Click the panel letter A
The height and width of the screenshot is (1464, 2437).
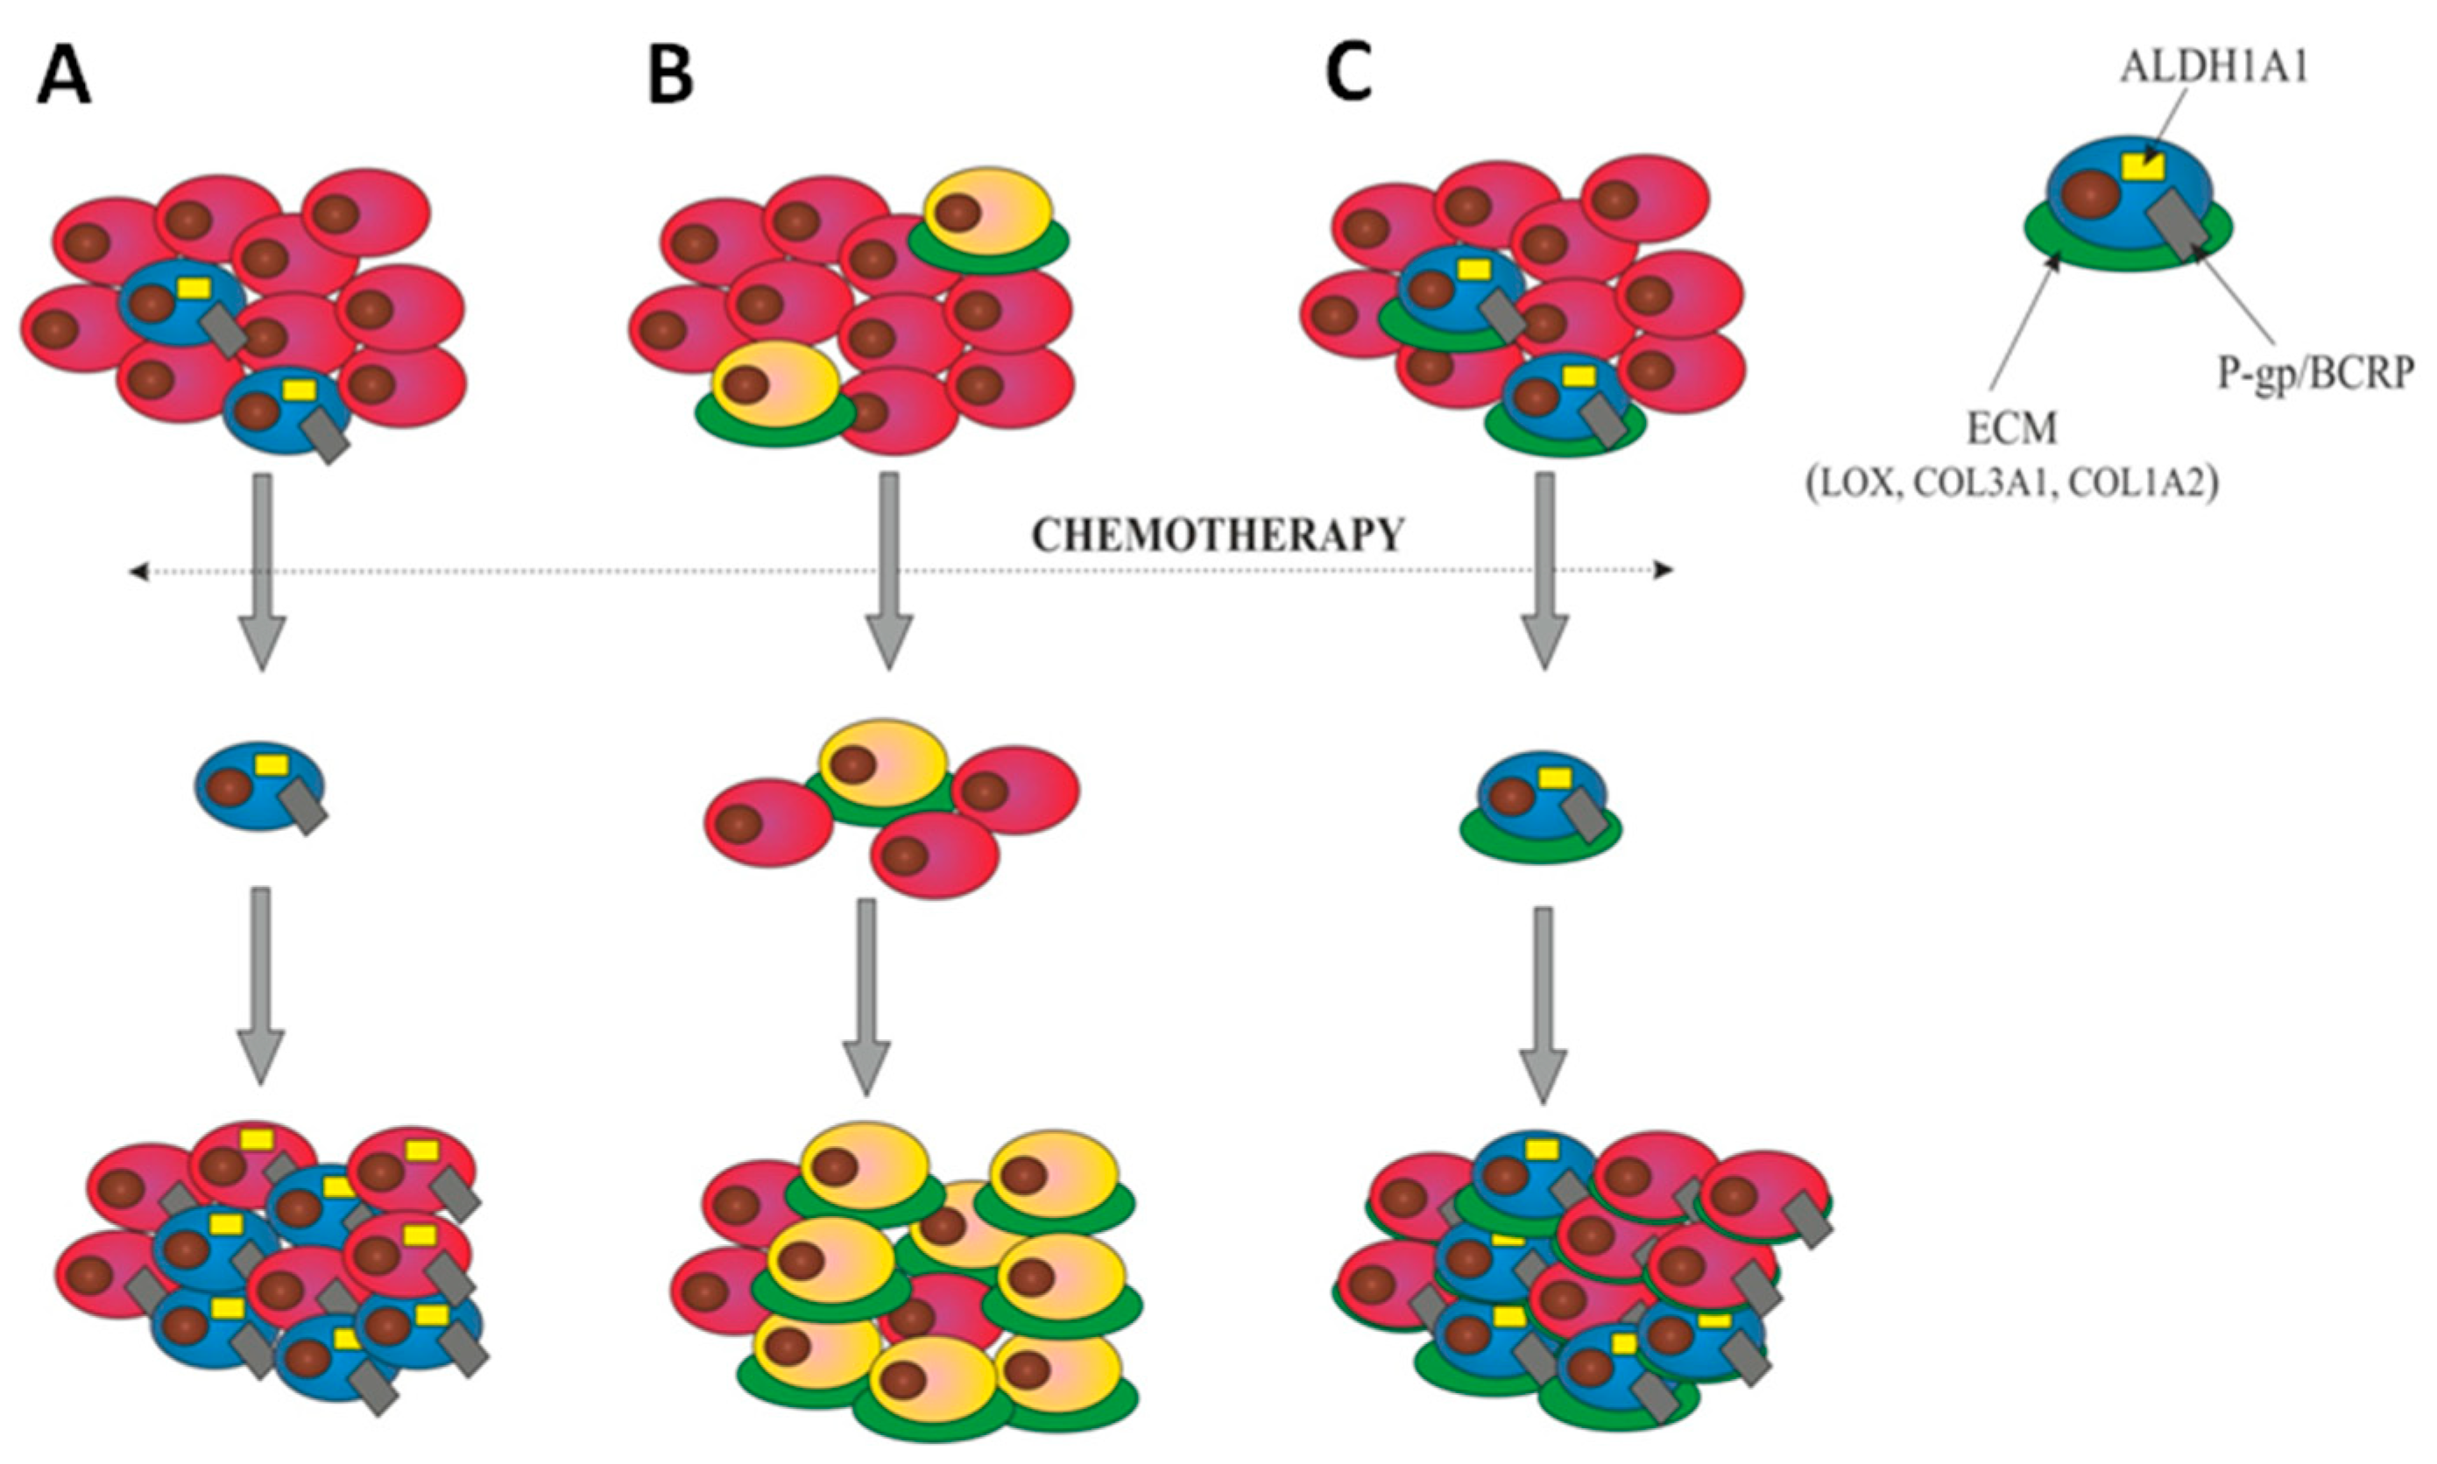tap(64, 77)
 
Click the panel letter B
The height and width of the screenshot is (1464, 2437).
tap(671, 77)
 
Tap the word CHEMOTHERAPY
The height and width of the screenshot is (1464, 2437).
tap(1217, 536)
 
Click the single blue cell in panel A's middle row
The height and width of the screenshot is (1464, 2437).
tap(259, 786)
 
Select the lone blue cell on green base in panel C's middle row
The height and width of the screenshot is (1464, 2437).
tap(1540, 800)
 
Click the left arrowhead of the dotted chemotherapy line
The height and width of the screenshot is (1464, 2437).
tap(138, 570)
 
